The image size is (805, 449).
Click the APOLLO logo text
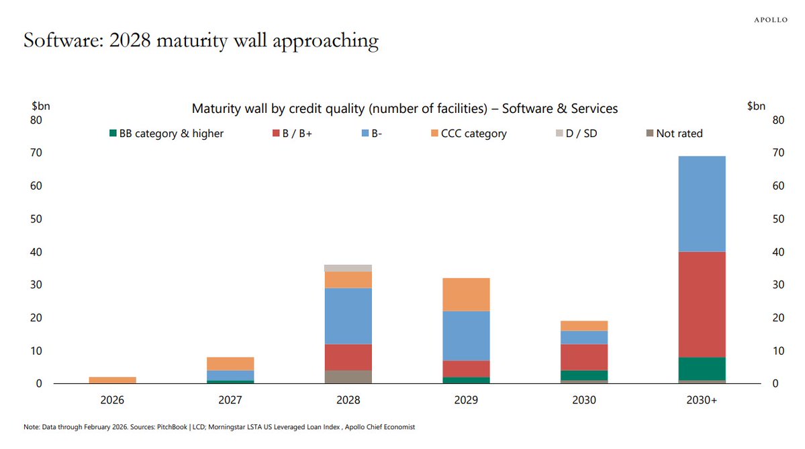pyautogui.click(x=770, y=20)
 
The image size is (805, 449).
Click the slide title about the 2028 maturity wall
pyautogui.click(x=201, y=41)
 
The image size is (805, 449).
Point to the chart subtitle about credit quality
pyautogui.click(x=404, y=108)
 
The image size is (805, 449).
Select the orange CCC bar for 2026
pyautogui.click(x=112, y=380)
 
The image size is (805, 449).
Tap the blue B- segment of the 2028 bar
pyautogui.click(x=348, y=316)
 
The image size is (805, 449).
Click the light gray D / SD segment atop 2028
pyautogui.click(x=348, y=268)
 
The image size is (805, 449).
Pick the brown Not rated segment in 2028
pyautogui.click(x=348, y=376)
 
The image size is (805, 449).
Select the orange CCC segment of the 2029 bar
pyautogui.click(x=466, y=294)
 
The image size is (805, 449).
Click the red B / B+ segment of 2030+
pyautogui.click(x=702, y=304)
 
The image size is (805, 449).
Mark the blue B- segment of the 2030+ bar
pyautogui.click(x=702, y=204)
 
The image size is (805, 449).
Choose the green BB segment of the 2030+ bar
pyautogui.click(x=702, y=368)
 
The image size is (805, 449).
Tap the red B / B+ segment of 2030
pyautogui.click(x=584, y=357)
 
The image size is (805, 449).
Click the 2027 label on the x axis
pyautogui.click(x=230, y=400)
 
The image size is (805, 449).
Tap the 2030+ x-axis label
pyautogui.click(x=702, y=400)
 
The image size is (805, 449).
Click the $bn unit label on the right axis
pyautogui.click(x=756, y=106)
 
